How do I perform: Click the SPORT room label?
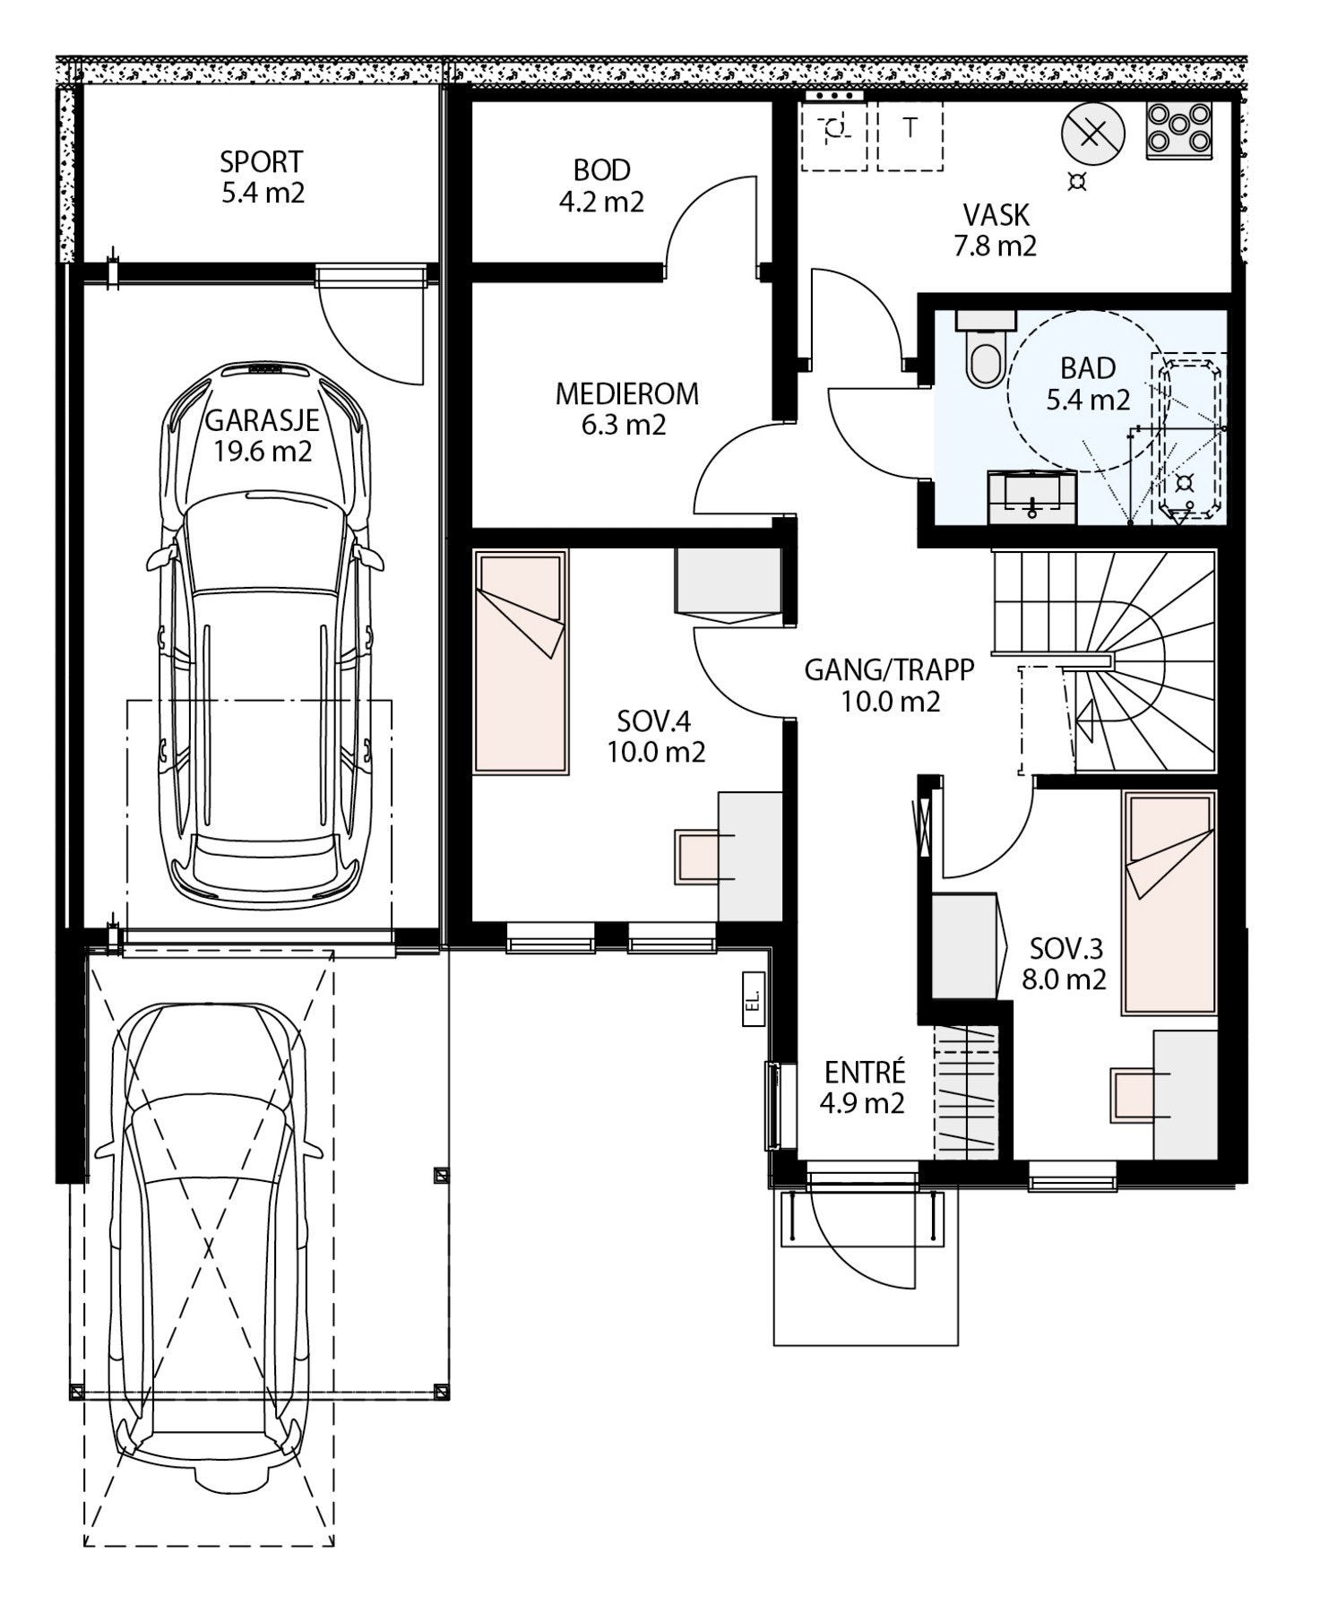tap(262, 162)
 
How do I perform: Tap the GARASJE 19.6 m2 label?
tap(263, 435)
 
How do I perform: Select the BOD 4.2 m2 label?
tap(602, 185)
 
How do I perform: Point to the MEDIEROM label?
tap(627, 393)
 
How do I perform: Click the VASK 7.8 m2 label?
tap(996, 230)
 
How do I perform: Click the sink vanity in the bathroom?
tap(1032, 496)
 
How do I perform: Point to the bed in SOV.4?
tap(521, 661)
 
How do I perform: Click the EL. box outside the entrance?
tap(753, 997)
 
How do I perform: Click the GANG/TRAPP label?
tap(890, 670)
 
